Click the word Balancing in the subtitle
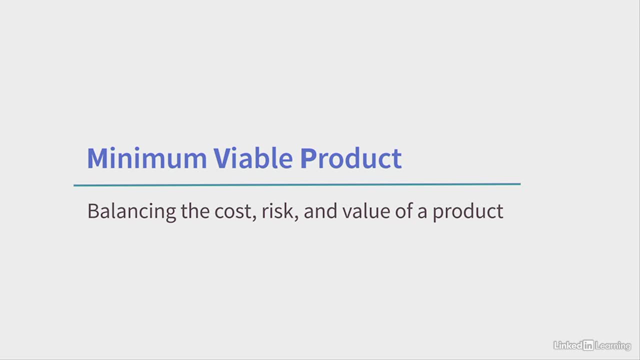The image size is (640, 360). (131, 212)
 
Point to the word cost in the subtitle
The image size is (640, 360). (233, 212)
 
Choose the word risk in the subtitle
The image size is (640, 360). (277, 211)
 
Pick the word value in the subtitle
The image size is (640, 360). (366, 211)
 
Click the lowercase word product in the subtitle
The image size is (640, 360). (468, 212)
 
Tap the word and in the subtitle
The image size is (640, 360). (320, 211)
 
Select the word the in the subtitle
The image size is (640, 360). (195, 211)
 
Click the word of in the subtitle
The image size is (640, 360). (403, 211)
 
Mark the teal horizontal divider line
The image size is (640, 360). (297, 185)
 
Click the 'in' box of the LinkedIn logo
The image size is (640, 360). (588, 345)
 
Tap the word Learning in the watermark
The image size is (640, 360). (613, 346)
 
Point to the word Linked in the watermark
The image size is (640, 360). (568, 345)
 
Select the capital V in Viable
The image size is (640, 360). (222, 158)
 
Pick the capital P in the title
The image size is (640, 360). (307, 158)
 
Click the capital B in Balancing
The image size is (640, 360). (93, 211)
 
